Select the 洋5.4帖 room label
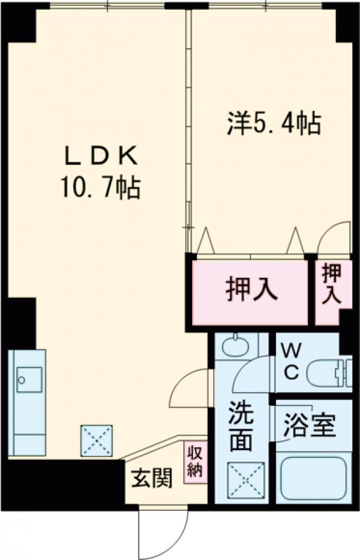(x=273, y=123)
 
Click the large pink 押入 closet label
(x=251, y=290)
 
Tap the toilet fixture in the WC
(x=328, y=371)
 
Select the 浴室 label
(x=310, y=427)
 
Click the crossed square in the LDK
(x=97, y=440)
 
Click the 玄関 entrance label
(x=152, y=479)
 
